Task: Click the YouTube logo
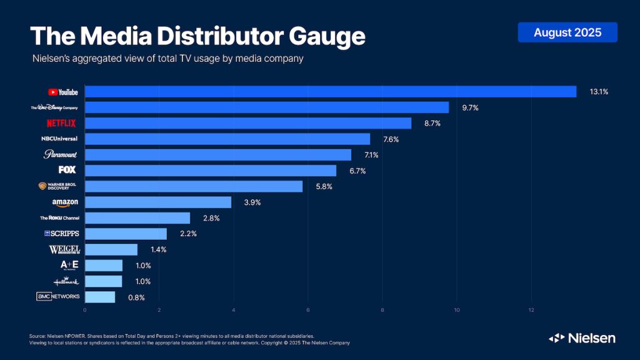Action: [x=63, y=92]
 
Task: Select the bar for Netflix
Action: [x=247, y=123]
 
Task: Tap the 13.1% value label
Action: [x=599, y=92]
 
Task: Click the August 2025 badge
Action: [x=567, y=32]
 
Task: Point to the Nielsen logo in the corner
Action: [x=582, y=338]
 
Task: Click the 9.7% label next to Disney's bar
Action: [x=471, y=107]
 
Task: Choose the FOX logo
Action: [x=67, y=170]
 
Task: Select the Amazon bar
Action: [x=157, y=202]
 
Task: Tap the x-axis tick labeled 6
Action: [x=308, y=309]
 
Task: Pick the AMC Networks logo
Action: [x=58, y=296]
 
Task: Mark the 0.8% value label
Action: [x=136, y=297]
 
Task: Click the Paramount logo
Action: [x=61, y=154]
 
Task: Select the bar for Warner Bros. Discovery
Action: [x=193, y=186]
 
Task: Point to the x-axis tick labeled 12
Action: [x=531, y=309]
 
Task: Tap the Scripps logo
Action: [x=61, y=234]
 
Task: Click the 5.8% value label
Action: [x=324, y=186]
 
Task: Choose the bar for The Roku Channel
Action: [x=137, y=217]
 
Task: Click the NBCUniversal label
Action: [x=59, y=139]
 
